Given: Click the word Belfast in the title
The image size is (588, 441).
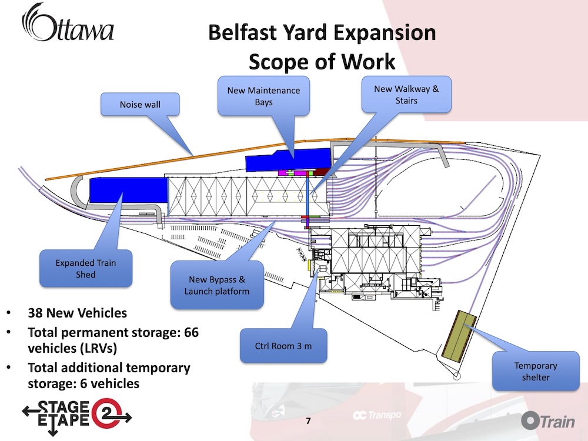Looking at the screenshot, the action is coord(242,32).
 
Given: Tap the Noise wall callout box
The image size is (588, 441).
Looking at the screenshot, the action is coord(140,104).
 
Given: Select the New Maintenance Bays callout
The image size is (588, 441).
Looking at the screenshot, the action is coord(263,96).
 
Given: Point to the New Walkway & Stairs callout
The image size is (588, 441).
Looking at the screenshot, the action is coord(406,95).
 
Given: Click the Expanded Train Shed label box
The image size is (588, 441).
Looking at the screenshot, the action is coord(86,269).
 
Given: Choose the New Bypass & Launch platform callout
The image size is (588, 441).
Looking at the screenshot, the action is coord(217,285).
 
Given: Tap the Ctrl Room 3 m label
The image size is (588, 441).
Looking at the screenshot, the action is coord(283,346).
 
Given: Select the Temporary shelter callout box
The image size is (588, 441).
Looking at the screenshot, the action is coord(536,371).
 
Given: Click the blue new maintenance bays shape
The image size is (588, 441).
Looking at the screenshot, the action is coord(288,159).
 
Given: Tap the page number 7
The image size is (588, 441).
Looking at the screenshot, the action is coord(308,421).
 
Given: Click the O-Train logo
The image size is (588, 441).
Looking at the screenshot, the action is coord(547,420).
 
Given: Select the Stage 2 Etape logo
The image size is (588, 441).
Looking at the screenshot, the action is coord(77,416).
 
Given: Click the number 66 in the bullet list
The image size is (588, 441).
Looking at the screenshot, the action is coord(191,332).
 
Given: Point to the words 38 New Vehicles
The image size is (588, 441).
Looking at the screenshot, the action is coord(77,313).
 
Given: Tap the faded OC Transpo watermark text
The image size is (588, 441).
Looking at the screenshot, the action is coord(376,415).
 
